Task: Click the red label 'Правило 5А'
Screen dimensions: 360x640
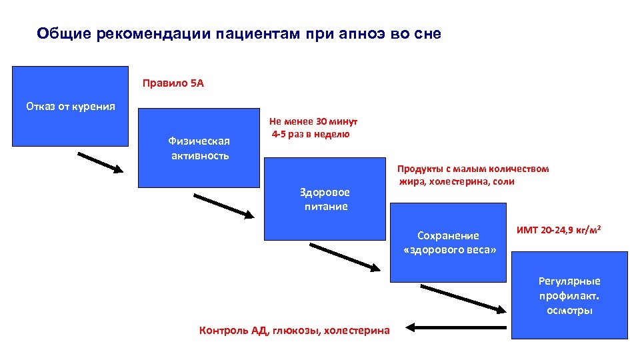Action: pyautogui.click(x=173, y=84)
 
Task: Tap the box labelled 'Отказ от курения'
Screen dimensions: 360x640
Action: pyautogui.click(x=70, y=106)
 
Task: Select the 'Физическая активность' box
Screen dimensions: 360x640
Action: pyautogui.click(x=198, y=148)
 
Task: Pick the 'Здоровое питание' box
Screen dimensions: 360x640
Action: pyautogui.click(x=324, y=199)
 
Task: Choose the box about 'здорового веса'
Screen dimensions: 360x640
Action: pyautogui.click(x=447, y=243)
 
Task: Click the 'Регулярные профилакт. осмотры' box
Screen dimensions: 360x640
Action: pyautogui.click(x=569, y=295)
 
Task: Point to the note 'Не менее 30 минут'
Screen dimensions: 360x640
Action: pyautogui.click(x=313, y=121)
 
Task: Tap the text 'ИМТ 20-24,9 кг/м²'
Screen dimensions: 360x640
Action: pyautogui.click(x=559, y=231)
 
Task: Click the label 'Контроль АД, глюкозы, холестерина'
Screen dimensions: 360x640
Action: pyautogui.click(x=295, y=329)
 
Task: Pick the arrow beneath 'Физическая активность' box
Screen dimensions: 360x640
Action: pyautogui.click(x=224, y=205)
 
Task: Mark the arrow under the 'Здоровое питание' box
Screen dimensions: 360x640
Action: pyautogui.click(x=344, y=257)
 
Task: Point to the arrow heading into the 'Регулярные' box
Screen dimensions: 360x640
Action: pyautogui.click(x=461, y=298)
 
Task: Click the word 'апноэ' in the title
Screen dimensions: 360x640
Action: pyautogui.click(x=367, y=33)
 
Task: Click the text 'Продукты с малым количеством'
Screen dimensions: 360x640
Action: pyautogui.click(x=473, y=169)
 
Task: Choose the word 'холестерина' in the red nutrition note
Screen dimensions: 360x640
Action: pyautogui.click(x=460, y=181)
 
